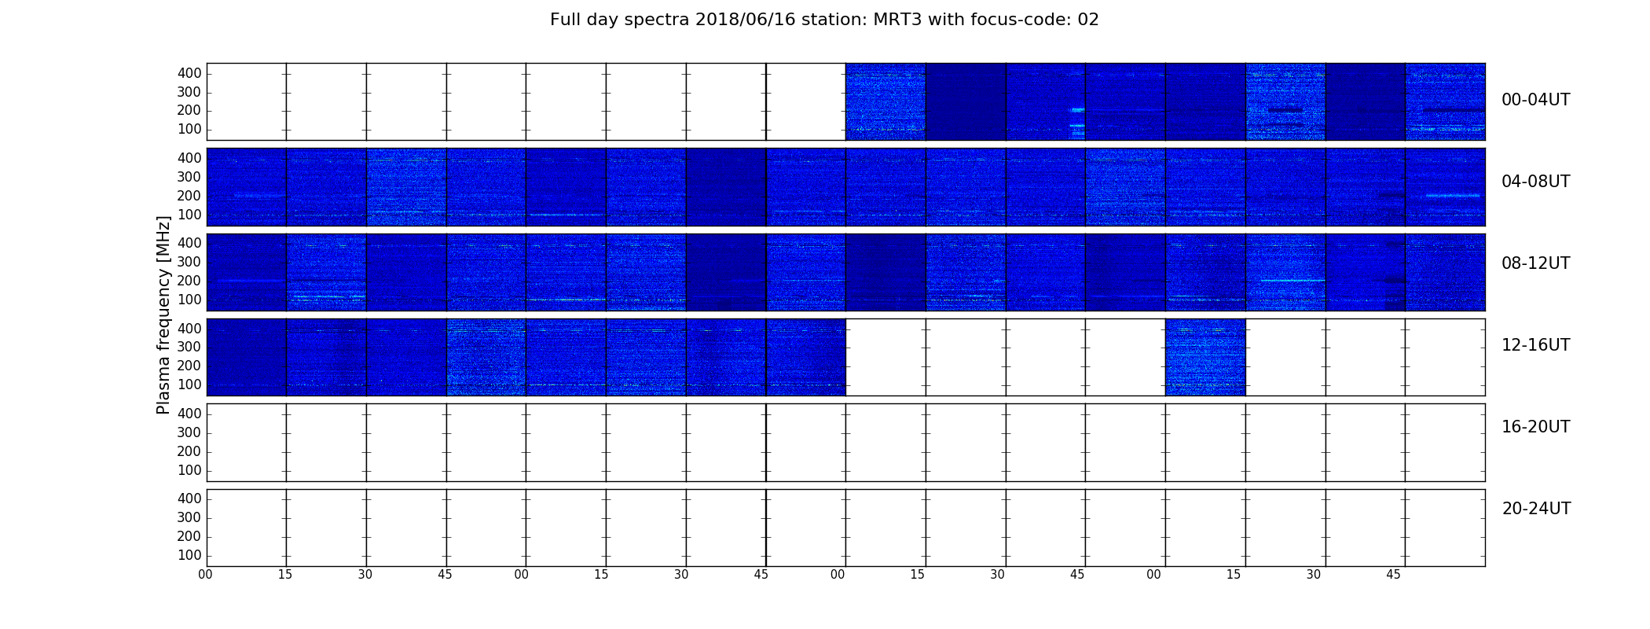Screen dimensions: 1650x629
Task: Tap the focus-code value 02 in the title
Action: pyautogui.click(x=1088, y=20)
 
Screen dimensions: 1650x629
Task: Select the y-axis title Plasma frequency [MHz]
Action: pyautogui.click(x=163, y=314)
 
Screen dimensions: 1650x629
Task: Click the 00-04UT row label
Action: pyautogui.click(x=1536, y=100)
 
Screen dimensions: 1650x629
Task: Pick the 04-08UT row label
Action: pyautogui.click(x=1536, y=182)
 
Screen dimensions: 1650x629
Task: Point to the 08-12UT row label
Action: pyautogui.click(x=1536, y=263)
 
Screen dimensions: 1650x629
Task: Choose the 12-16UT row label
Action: pyautogui.click(x=1536, y=345)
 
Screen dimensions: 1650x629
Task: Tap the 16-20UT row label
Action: pyautogui.click(x=1536, y=427)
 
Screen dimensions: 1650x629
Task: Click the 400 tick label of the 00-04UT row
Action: pyautogui.click(x=189, y=73)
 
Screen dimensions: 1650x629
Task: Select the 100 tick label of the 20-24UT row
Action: pyautogui.click(x=189, y=555)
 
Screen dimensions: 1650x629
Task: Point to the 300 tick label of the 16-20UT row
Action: pyautogui.click(x=189, y=432)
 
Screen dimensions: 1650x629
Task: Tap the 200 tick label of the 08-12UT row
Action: pyautogui.click(x=189, y=281)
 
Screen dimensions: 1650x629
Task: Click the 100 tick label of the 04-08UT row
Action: pyautogui.click(x=189, y=215)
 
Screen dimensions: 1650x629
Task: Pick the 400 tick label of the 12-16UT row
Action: pyautogui.click(x=189, y=329)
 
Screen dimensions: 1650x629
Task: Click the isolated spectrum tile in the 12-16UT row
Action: pyautogui.click(x=1205, y=357)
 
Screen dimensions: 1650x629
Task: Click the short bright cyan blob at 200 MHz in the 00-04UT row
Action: pyautogui.click(x=1077, y=110)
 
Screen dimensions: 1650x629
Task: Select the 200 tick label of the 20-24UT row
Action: pyautogui.click(x=189, y=536)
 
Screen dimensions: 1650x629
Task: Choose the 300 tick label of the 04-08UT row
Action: pyautogui.click(x=189, y=177)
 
